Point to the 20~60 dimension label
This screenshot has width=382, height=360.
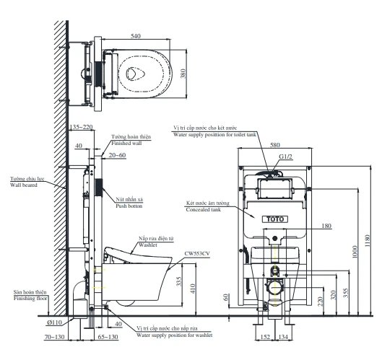point(117,154)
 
